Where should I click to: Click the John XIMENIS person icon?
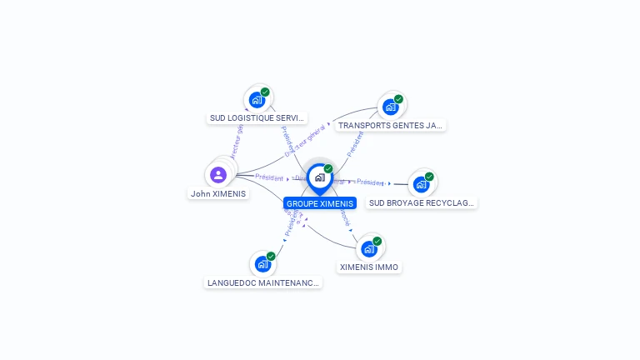click(218, 174)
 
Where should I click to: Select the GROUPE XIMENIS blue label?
click(320, 203)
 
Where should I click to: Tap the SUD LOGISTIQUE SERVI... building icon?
click(257, 100)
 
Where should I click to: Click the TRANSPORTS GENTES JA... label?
click(390, 126)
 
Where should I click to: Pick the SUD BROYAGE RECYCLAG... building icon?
click(421, 184)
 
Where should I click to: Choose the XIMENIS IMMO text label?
click(369, 267)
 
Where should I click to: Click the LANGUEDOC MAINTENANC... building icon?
click(262, 264)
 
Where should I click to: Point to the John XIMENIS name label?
click(218, 193)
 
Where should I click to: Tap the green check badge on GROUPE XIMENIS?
click(328, 169)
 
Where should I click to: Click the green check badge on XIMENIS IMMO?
click(377, 241)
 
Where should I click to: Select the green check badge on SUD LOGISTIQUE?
click(265, 92)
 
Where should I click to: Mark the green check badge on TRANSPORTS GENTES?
click(398, 99)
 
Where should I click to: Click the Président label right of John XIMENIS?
click(270, 177)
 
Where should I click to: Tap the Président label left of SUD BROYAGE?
click(371, 182)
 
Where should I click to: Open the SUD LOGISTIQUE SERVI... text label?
click(257, 118)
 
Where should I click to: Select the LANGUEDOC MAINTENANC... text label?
click(263, 283)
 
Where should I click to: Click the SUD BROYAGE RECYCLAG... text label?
click(422, 202)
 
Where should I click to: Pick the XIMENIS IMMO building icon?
click(369, 248)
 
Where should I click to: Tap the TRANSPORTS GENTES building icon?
click(390, 107)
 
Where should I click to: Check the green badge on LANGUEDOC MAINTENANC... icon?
click(271, 256)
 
